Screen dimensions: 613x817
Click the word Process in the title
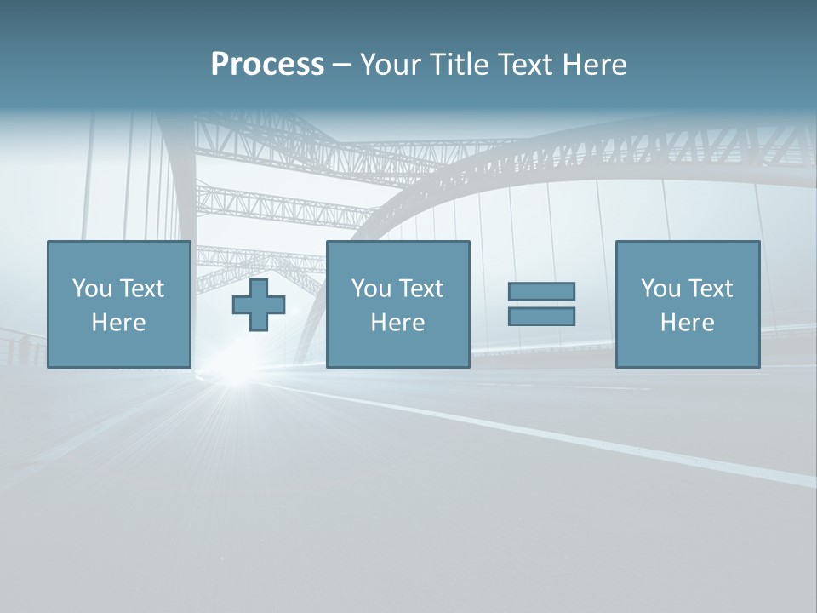click(x=267, y=65)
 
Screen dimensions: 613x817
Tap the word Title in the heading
click(x=461, y=65)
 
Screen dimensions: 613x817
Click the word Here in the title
click(x=597, y=65)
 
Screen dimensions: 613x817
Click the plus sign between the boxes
click(x=259, y=305)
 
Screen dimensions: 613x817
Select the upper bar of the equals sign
click(x=541, y=291)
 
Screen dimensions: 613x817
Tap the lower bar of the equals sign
click(x=541, y=317)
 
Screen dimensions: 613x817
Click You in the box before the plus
click(x=92, y=288)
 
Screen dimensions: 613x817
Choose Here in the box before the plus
click(x=118, y=323)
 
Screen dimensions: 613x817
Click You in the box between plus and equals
click(x=371, y=288)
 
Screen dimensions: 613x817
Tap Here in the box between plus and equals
click(x=397, y=323)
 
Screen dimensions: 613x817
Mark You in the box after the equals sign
click(x=660, y=288)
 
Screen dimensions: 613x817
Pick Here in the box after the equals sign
click(x=687, y=323)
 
